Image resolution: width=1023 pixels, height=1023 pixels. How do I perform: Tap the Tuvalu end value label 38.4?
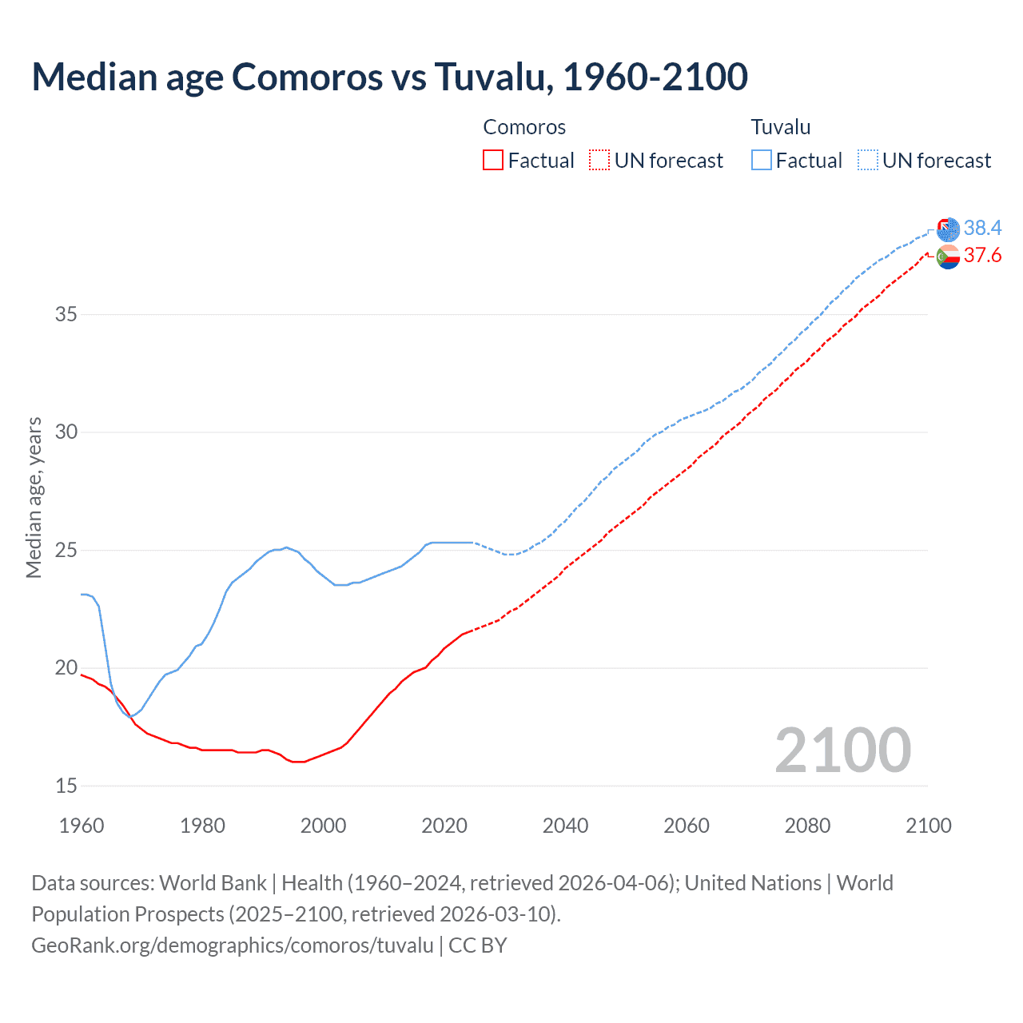[x=982, y=228]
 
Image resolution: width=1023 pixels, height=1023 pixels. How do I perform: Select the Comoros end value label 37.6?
[x=982, y=255]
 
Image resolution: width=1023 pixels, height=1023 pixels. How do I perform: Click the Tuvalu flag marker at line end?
[x=948, y=229]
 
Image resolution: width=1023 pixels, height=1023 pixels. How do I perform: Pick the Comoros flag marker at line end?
[x=948, y=257]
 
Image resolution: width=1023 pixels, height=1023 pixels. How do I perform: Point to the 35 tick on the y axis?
[x=66, y=314]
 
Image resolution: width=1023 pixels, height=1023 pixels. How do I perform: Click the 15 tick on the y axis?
[x=66, y=786]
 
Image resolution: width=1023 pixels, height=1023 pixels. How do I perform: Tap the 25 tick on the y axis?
[x=66, y=550]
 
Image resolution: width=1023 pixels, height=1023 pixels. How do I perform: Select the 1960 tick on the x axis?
[x=82, y=826]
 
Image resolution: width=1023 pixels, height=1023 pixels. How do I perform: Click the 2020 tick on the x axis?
[x=444, y=826]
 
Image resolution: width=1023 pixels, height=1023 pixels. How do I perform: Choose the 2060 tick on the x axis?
[x=687, y=826]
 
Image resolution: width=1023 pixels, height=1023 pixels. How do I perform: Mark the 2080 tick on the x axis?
[x=807, y=826]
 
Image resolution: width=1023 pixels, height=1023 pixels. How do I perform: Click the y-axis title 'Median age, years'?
[x=34, y=497]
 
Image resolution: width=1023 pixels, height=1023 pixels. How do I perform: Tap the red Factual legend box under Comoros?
[x=493, y=161]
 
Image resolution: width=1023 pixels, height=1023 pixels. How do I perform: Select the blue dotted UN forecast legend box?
[x=868, y=161]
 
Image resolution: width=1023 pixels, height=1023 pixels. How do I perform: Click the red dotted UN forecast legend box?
[x=599, y=161]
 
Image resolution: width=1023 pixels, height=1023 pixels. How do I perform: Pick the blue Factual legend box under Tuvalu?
[x=761, y=161]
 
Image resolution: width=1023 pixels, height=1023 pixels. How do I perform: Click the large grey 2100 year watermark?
[x=842, y=750]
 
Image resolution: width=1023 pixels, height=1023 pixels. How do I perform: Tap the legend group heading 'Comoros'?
[x=524, y=127]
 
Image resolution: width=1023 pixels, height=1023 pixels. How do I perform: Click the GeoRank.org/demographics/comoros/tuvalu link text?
[x=233, y=945]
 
